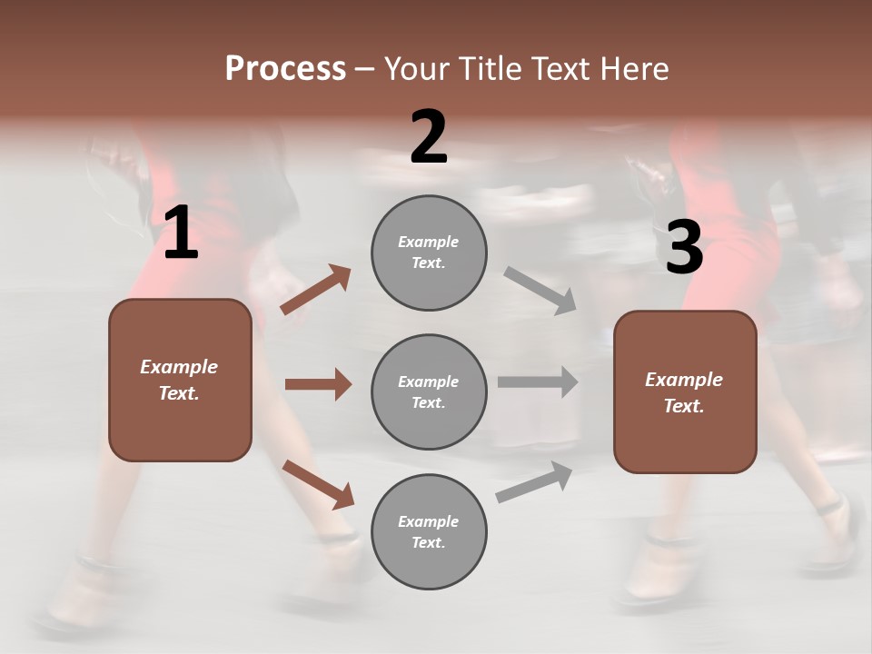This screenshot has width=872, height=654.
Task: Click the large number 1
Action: (180, 234)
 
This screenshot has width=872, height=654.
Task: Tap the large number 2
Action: (429, 138)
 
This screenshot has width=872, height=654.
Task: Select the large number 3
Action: (684, 247)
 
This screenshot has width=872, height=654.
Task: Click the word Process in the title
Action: (285, 68)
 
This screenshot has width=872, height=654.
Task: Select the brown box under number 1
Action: (180, 380)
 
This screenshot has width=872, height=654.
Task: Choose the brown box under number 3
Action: (685, 391)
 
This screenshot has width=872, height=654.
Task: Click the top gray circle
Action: (429, 253)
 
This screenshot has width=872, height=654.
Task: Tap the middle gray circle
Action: (429, 391)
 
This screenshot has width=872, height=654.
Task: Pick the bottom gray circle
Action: (429, 531)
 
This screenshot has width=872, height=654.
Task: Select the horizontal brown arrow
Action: (318, 384)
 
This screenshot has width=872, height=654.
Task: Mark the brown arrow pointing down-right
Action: (318, 484)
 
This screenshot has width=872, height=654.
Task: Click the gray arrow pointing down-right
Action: (540, 291)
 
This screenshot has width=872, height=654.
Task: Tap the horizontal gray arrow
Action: (538, 381)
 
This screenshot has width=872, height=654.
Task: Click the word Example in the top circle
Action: (429, 242)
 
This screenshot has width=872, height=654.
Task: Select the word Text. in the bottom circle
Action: (429, 542)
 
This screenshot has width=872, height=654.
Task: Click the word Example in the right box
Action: (684, 380)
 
